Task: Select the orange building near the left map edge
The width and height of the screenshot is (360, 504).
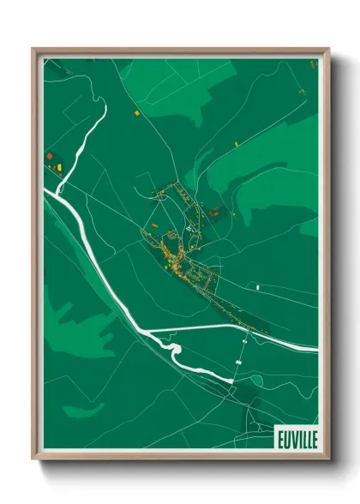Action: [50, 155]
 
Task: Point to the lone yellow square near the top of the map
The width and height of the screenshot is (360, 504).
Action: [136, 111]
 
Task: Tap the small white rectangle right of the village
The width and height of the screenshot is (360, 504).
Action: [255, 284]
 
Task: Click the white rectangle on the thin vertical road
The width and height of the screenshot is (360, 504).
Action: [237, 363]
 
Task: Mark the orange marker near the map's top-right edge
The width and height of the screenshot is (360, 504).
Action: [313, 64]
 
